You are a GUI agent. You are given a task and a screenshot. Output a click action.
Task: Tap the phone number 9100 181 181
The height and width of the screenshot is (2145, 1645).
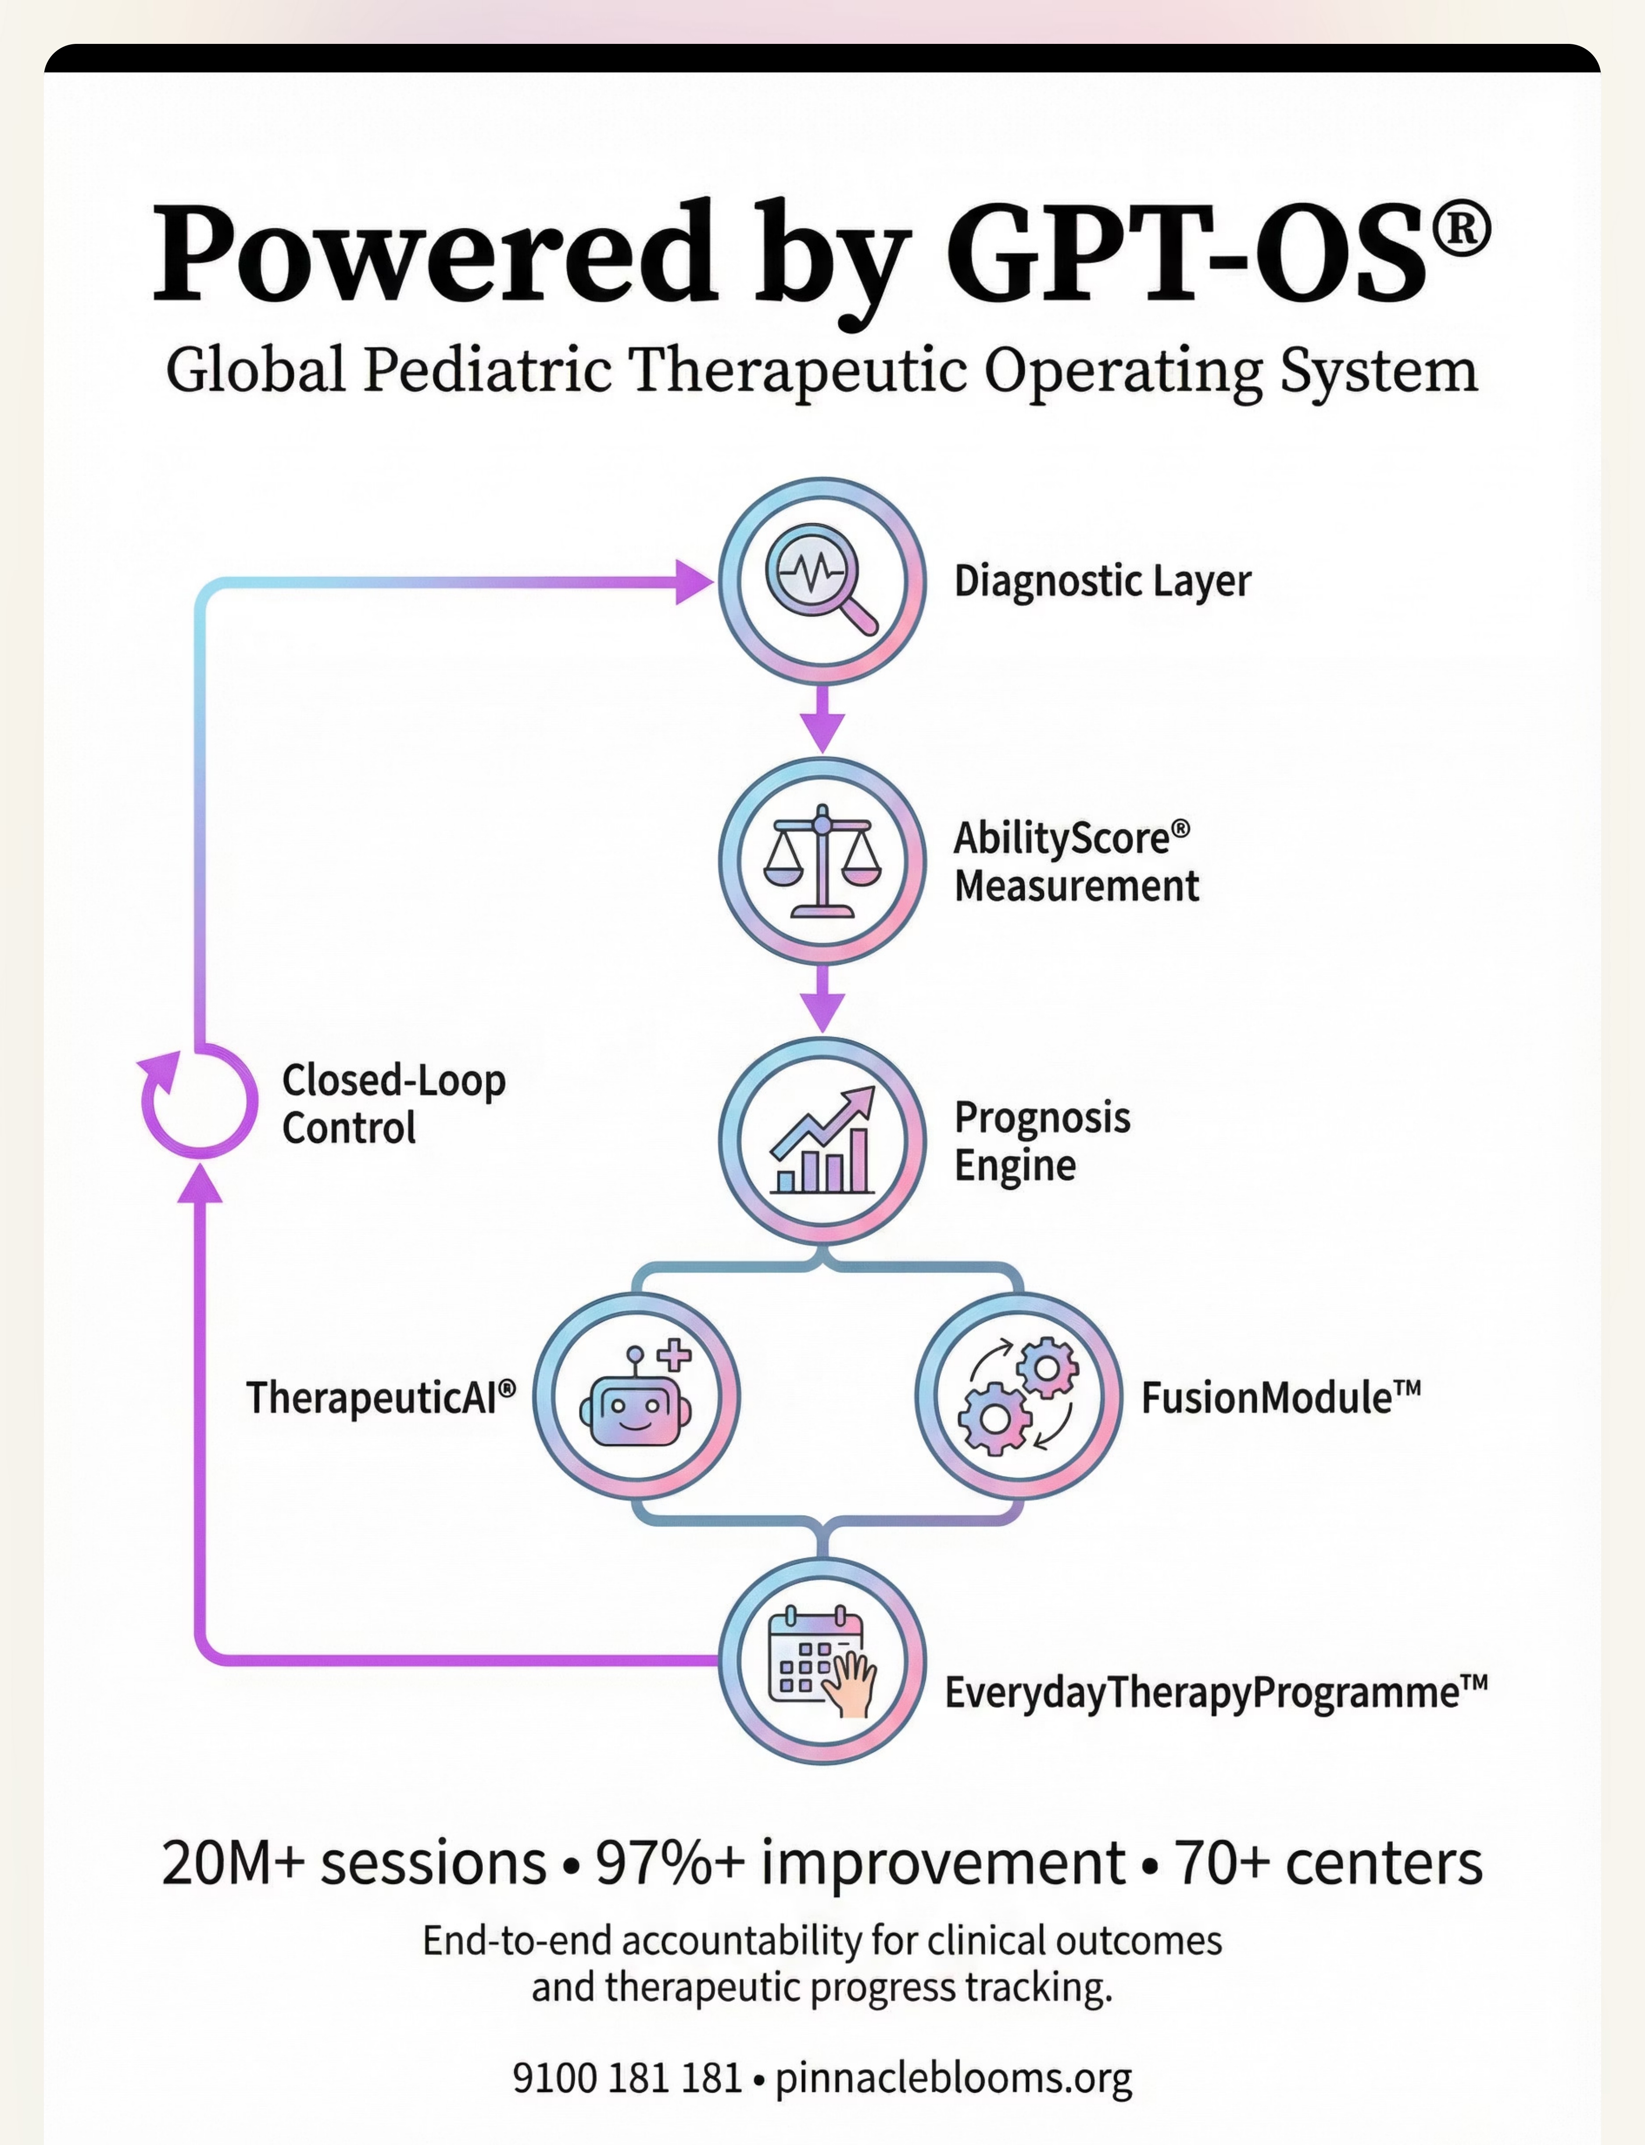pos(627,2077)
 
